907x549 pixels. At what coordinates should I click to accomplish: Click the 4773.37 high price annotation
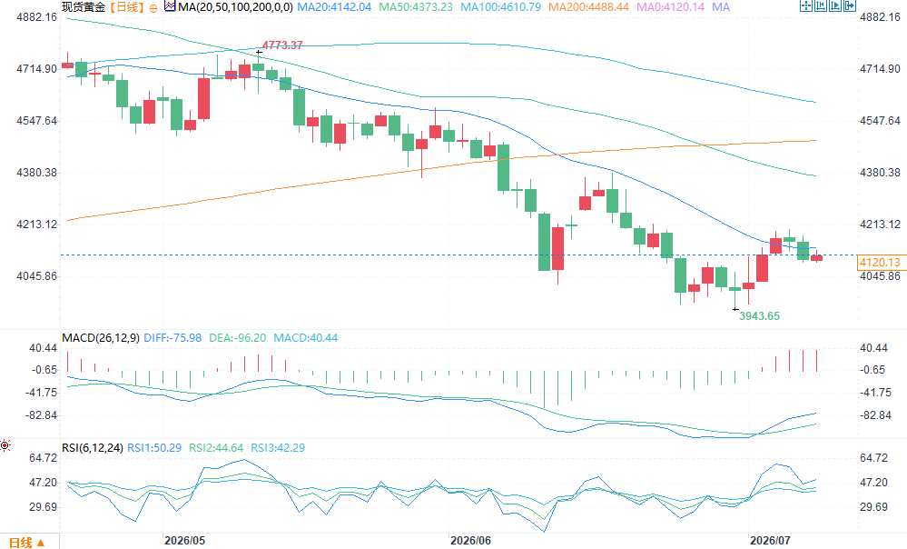(x=282, y=45)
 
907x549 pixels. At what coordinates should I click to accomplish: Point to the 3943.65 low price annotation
(x=760, y=315)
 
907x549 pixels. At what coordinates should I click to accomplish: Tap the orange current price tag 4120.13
(x=880, y=263)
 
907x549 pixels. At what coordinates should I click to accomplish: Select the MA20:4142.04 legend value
(x=334, y=7)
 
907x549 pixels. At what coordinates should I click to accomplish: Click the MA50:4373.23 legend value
(x=416, y=7)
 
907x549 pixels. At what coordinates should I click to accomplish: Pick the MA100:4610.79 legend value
(x=501, y=7)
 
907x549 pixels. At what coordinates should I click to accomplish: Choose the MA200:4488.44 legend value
(x=589, y=7)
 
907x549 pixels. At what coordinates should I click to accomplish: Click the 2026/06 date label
(x=470, y=540)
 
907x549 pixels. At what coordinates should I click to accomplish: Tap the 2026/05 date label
(x=184, y=540)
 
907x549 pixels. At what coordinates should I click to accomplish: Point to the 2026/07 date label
(x=770, y=540)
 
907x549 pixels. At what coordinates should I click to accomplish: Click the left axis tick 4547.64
(x=36, y=121)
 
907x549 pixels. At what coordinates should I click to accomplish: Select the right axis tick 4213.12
(x=880, y=225)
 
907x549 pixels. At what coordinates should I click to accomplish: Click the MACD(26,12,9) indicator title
(x=101, y=337)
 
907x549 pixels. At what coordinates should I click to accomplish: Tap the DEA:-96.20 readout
(x=237, y=337)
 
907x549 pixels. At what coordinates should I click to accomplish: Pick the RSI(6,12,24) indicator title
(x=93, y=448)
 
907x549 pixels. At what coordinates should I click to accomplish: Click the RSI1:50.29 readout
(x=153, y=448)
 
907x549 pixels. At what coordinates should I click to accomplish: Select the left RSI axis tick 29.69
(x=44, y=506)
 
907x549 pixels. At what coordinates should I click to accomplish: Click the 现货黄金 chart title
(x=84, y=7)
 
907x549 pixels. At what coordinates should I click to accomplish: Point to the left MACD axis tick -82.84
(x=41, y=415)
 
